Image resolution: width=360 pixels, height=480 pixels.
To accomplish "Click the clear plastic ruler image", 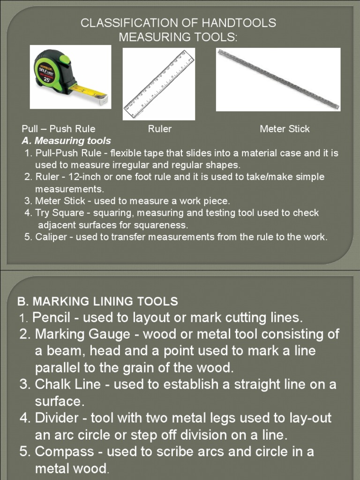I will point(159,84).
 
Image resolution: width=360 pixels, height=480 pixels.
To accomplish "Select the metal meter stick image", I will point(278,78).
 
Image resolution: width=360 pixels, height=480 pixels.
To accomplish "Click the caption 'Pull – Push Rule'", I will point(59,129).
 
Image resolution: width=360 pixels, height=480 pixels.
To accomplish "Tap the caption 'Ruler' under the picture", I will point(160,129).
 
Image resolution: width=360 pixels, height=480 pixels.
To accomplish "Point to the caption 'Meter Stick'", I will point(285,129).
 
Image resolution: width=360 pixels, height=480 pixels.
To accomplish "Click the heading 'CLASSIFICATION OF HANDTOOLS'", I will point(179,23).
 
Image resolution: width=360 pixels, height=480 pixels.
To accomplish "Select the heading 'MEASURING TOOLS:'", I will point(179,37).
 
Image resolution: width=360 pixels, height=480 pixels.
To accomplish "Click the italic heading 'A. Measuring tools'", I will point(67,141).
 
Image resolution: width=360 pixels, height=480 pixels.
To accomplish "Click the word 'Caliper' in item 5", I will point(51,237).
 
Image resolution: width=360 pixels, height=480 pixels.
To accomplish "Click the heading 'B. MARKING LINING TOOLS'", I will point(97,301).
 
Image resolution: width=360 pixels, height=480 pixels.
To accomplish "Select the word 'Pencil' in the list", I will point(51,317).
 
